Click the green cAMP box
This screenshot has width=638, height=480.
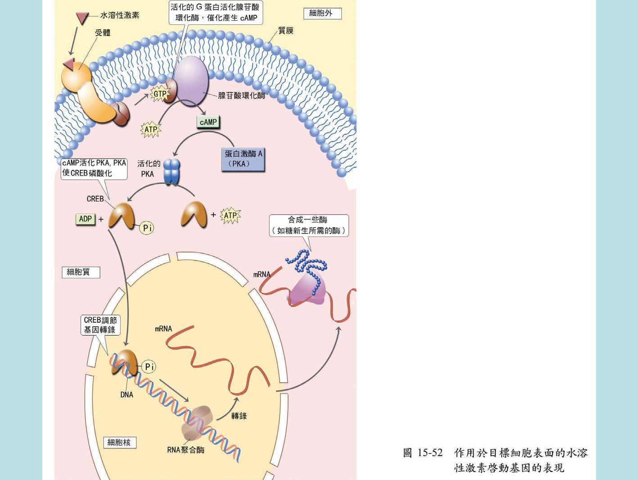click(x=208, y=122)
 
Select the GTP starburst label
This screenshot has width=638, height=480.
click(x=160, y=94)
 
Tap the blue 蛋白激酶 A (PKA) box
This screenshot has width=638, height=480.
click(x=243, y=159)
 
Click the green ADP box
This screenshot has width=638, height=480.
click(x=85, y=219)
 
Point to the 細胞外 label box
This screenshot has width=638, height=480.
click(x=322, y=14)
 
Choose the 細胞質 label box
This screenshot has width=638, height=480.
click(x=80, y=272)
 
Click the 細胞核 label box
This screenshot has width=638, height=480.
click(x=119, y=443)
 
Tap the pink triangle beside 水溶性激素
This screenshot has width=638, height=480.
click(x=82, y=18)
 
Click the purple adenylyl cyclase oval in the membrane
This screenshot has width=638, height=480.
click(x=192, y=80)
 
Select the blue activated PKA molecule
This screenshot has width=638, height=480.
click(x=172, y=171)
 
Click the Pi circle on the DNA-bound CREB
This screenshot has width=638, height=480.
click(x=149, y=367)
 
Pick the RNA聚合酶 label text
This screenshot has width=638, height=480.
click(x=186, y=450)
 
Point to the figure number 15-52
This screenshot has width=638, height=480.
click(x=430, y=453)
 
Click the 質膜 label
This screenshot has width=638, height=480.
click(x=286, y=31)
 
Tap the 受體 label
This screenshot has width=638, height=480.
click(x=103, y=32)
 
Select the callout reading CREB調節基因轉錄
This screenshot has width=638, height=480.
click(x=100, y=325)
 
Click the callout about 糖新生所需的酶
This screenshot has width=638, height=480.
click(x=308, y=225)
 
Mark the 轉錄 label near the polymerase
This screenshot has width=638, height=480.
click(x=239, y=416)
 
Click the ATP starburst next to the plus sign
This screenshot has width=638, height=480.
click(x=230, y=216)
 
